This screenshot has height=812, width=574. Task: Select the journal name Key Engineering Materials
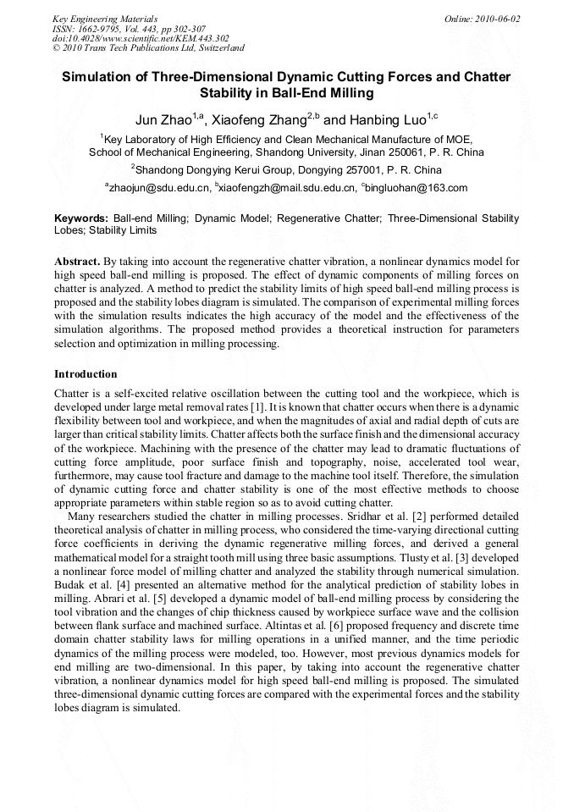(104, 19)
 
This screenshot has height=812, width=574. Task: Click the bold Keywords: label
(81, 218)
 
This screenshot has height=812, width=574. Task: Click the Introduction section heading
(86, 373)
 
